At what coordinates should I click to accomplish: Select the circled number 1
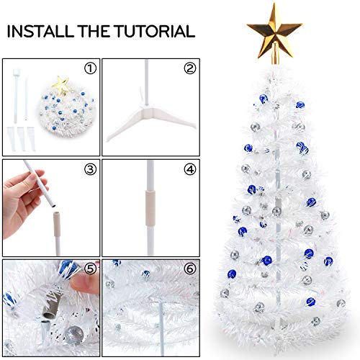[90, 70]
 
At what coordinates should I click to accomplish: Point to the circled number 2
[190, 70]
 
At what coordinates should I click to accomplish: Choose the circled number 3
[90, 170]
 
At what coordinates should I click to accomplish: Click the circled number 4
[190, 170]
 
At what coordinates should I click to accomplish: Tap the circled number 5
[90, 268]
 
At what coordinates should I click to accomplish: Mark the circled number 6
[190, 268]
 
